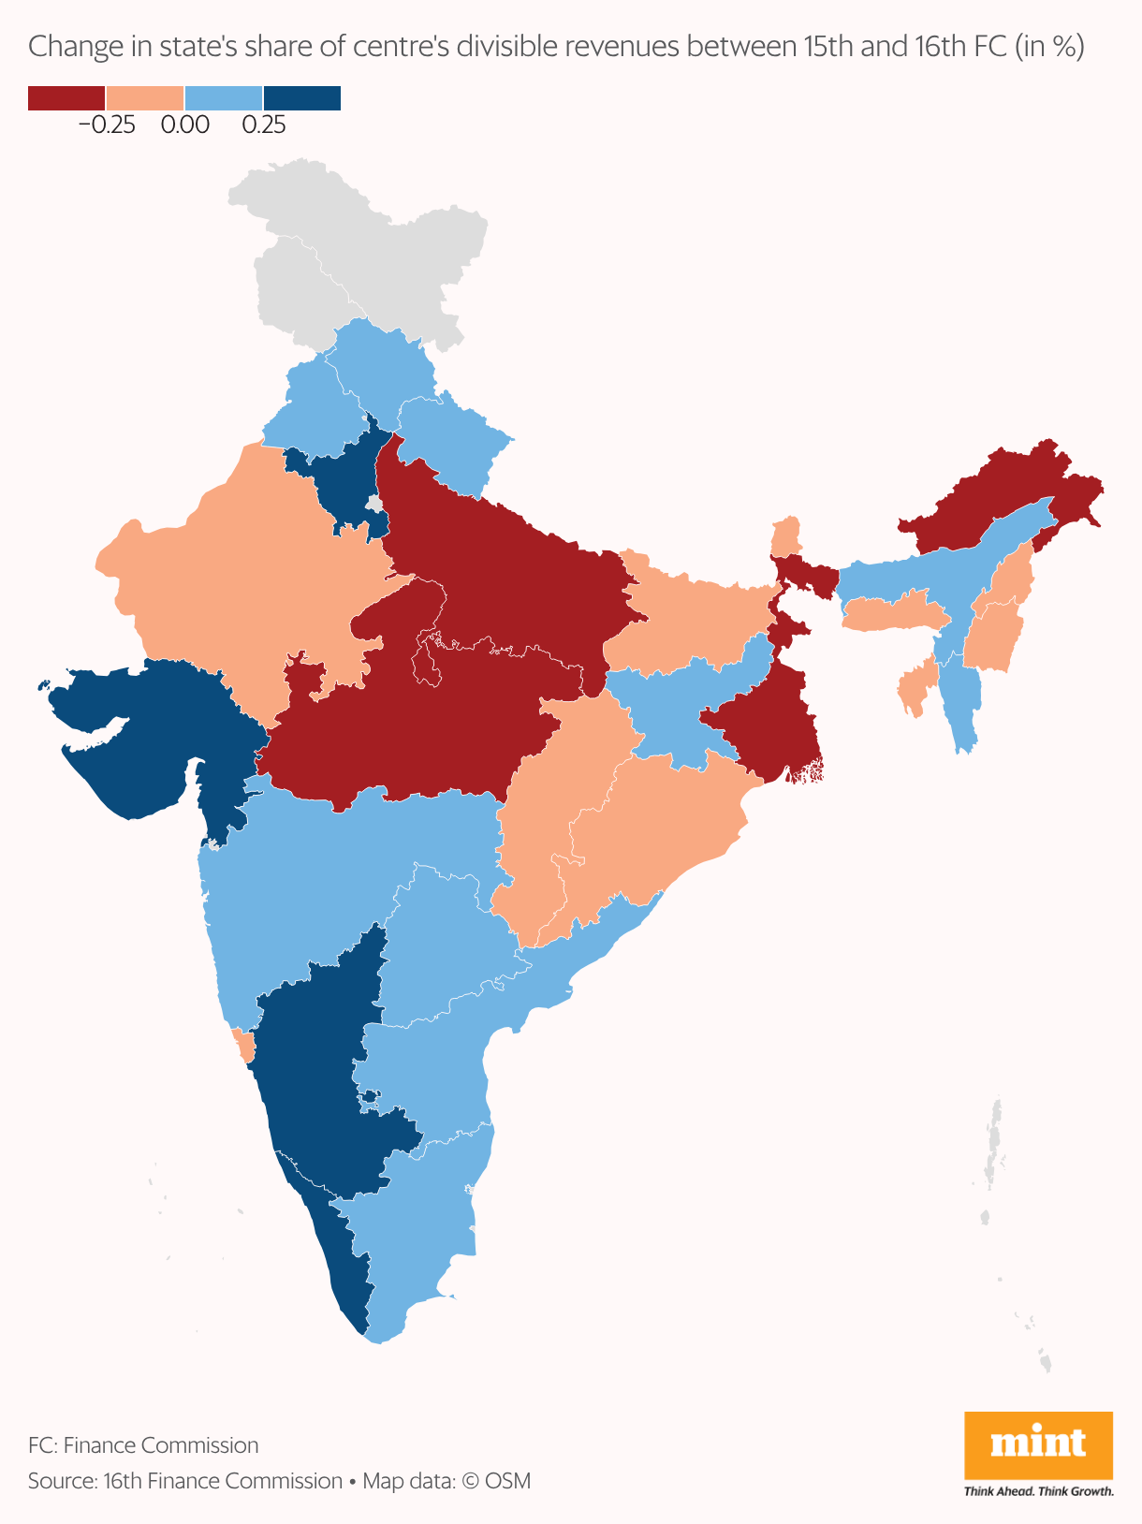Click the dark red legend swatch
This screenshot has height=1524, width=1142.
pyautogui.click(x=66, y=98)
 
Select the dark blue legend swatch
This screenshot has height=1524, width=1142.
pyautogui.click(x=302, y=98)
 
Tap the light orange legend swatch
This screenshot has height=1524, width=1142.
pyautogui.click(x=145, y=98)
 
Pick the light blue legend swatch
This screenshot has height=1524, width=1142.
pyautogui.click(x=224, y=98)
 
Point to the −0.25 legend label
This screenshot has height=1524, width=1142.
pyautogui.click(x=107, y=125)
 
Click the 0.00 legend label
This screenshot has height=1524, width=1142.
pyautogui.click(x=184, y=125)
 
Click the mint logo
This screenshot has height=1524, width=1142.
pyautogui.click(x=1038, y=1445)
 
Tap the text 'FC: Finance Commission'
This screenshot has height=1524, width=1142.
pyautogui.click(x=143, y=1445)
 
